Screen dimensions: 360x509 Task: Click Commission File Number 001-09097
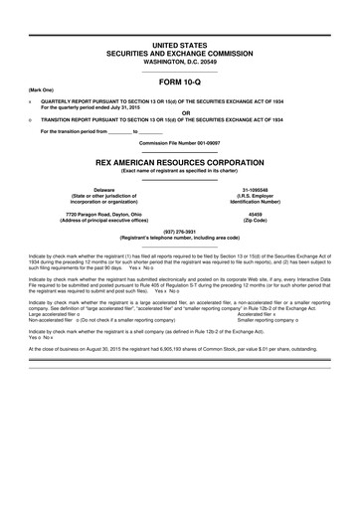click(x=179, y=142)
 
